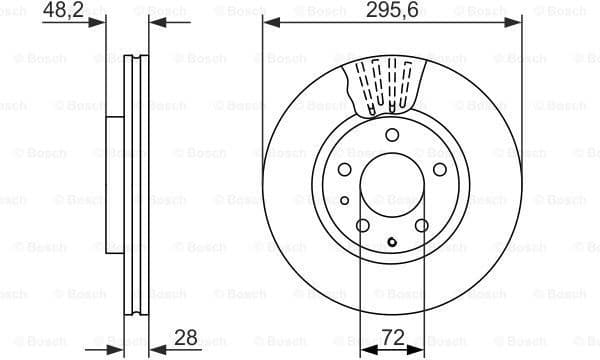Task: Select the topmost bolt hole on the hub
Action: click(x=392, y=135)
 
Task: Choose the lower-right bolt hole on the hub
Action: click(x=421, y=226)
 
